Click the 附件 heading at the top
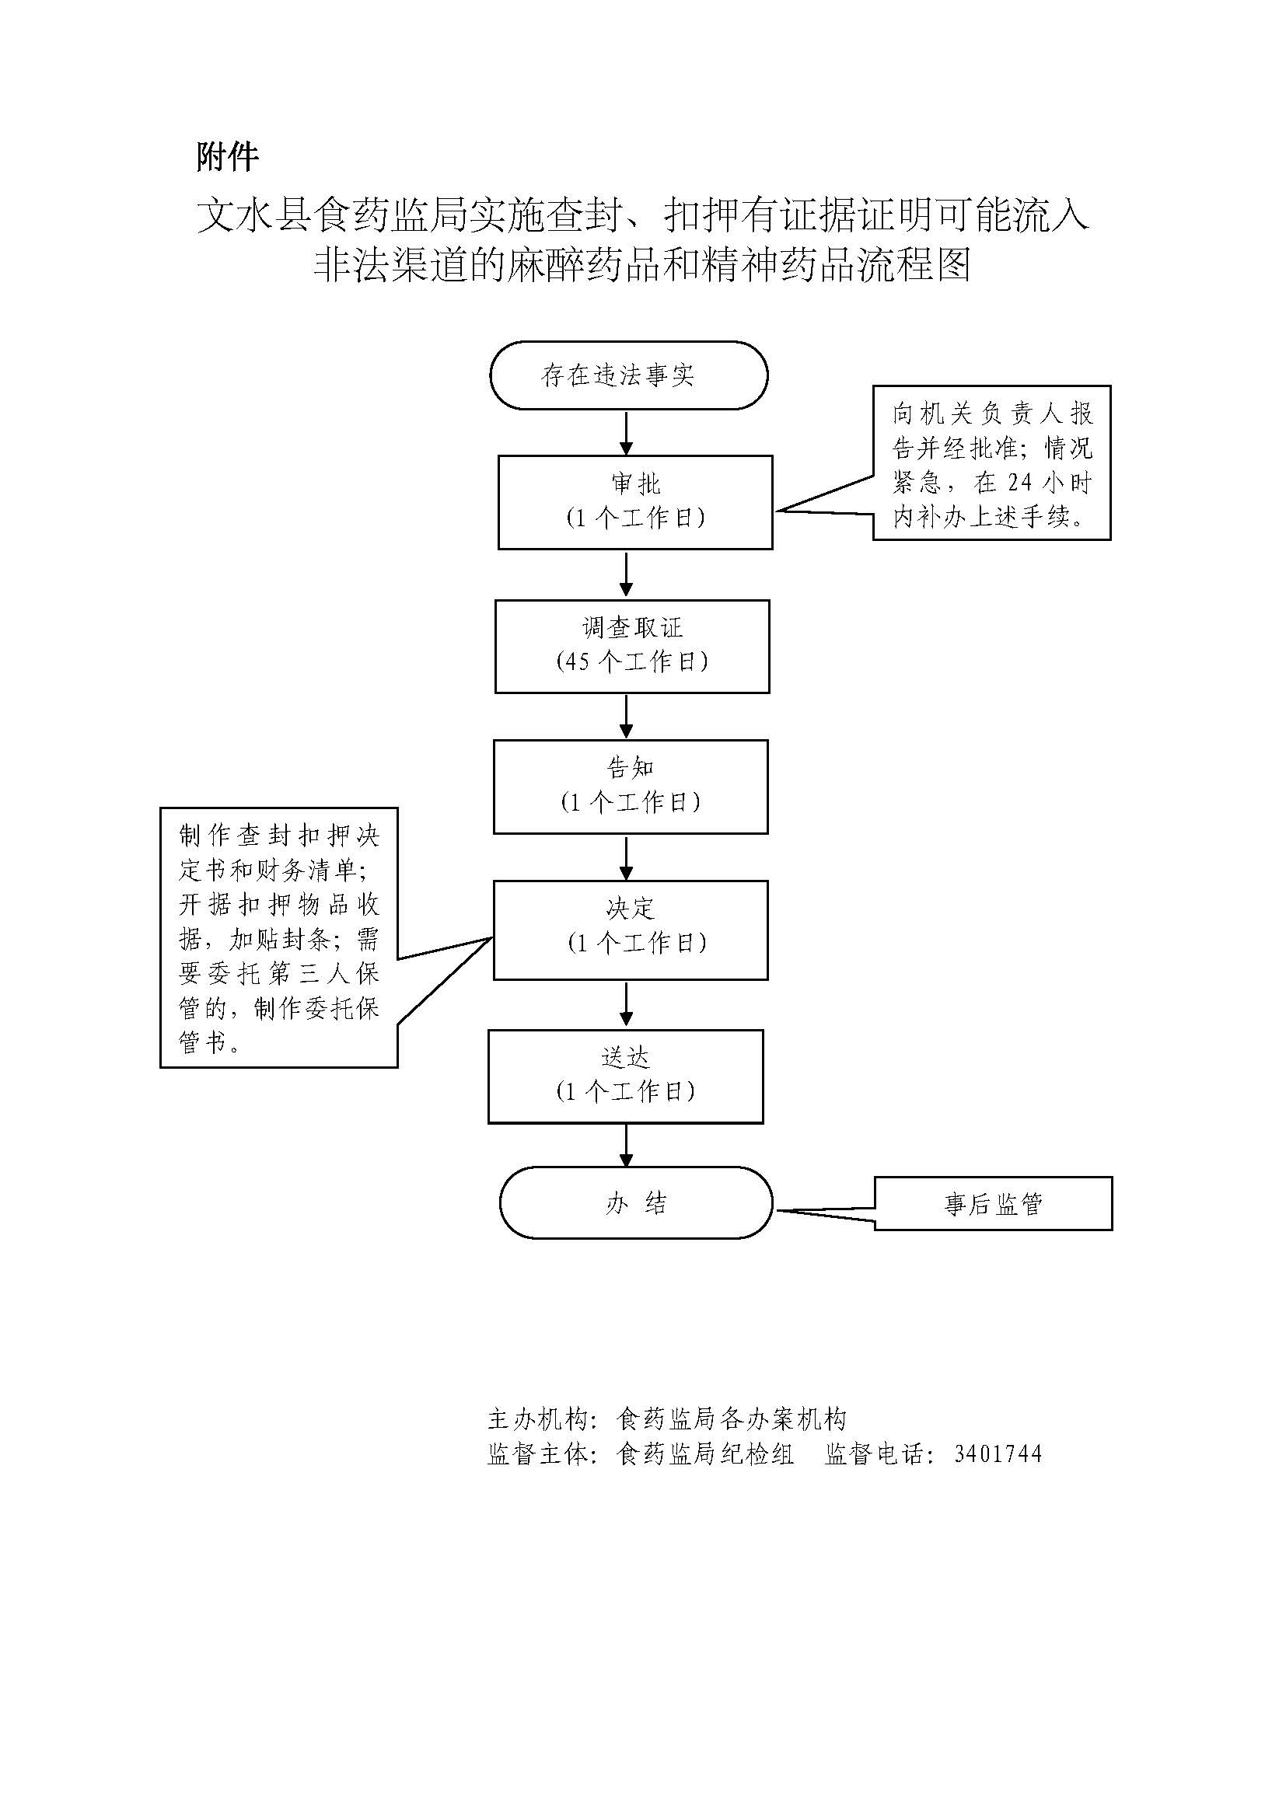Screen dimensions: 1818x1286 (x=227, y=157)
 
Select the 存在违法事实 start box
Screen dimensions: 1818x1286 (x=628, y=375)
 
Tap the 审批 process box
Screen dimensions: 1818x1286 (x=634, y=501)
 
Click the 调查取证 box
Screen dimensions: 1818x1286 (x=632, y=646)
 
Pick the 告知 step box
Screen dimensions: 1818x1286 (x=631, y=787)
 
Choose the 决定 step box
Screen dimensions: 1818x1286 (x=631, y=930)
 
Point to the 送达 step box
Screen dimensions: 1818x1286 (x=626, y=1076)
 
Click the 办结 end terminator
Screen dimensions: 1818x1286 (x=635, y=1202)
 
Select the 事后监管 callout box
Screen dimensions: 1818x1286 (x=993, y=1203)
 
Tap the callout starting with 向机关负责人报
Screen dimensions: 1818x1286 (x=991, y=463)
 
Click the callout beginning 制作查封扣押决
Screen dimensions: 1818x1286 (x=279, y=937)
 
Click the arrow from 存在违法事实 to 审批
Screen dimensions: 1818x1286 (x=627, y=432)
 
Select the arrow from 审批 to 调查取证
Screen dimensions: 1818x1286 (x=627, y=574)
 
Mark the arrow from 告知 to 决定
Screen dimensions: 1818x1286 (x=627, y=857)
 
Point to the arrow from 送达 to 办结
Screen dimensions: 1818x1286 (x=627, y=1145)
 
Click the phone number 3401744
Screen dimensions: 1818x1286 (x=998, y=1454)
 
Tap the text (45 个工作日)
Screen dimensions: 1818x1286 (x=632, y=662)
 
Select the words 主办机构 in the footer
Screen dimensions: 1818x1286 (x=538, y=1419)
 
